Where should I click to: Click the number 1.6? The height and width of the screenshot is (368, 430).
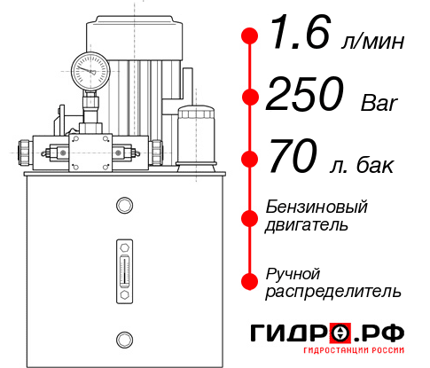(293, 38)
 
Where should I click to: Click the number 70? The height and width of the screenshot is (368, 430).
(291, 160)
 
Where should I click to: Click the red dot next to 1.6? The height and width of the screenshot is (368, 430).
(250, 36)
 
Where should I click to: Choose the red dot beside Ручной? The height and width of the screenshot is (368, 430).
(250, 280)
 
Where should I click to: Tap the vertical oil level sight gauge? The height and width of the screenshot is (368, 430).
(123, 265)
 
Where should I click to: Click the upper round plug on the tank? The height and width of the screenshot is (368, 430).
(123, 206)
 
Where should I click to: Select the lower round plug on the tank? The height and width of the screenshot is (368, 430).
(123, 338)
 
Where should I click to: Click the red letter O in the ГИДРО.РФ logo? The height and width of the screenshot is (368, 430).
(340, 333)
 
